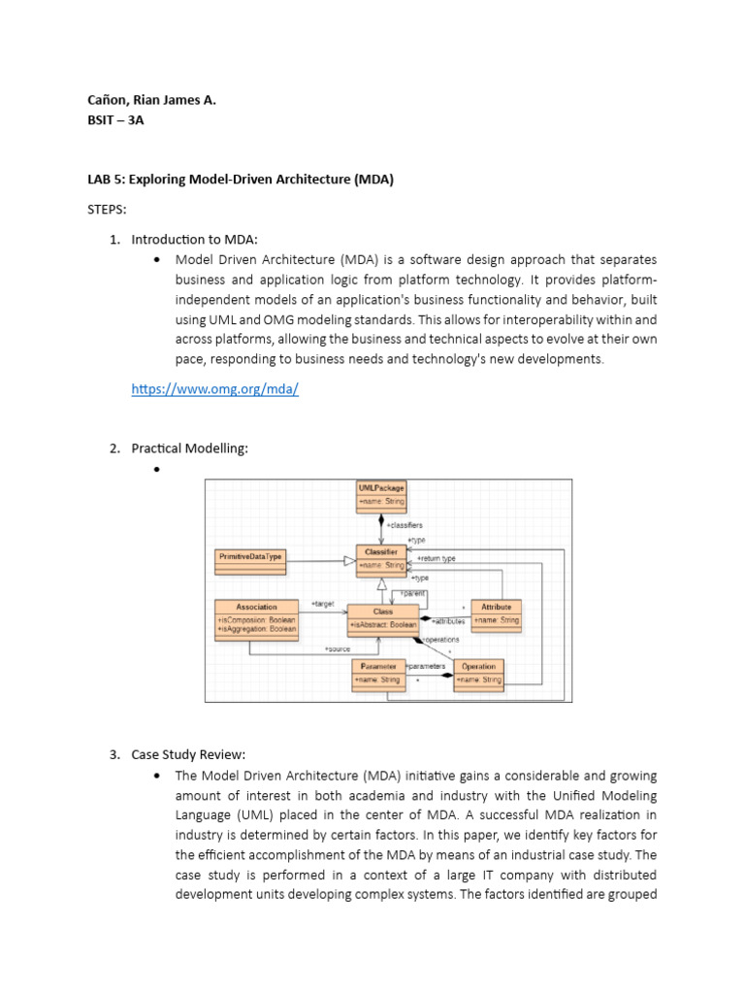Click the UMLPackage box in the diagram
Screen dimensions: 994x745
(381, 495)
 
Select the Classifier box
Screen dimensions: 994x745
(381, 557)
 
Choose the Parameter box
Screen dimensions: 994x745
(378, 673)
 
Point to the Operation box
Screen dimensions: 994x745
(478, 673)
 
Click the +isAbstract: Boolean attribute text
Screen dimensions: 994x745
(383, 625)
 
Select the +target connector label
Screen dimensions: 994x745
(322, 605)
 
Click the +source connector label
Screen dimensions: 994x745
(337, 647)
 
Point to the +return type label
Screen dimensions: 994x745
(437, 558)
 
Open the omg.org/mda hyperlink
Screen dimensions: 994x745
(214, 389)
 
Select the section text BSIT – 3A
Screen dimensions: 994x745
(116, 121)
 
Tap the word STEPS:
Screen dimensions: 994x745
(108, 208)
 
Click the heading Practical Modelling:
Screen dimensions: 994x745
(189, 447)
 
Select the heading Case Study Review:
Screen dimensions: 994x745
(188, 754)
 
